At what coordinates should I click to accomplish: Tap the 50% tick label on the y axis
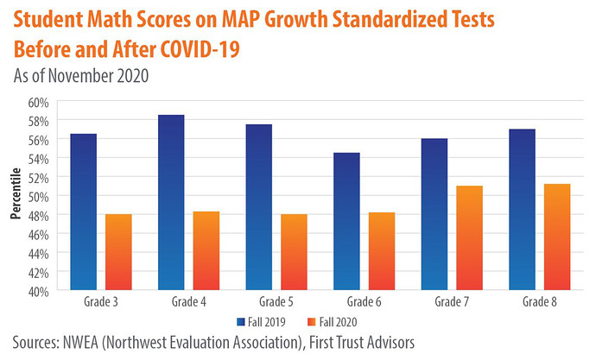pos(35,196)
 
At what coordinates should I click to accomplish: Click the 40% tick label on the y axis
pos(35,291)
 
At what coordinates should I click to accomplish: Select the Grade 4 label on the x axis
pos(188,303)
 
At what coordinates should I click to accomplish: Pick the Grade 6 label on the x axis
pos(364,303)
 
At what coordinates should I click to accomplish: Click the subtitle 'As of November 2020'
pos(81,75)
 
